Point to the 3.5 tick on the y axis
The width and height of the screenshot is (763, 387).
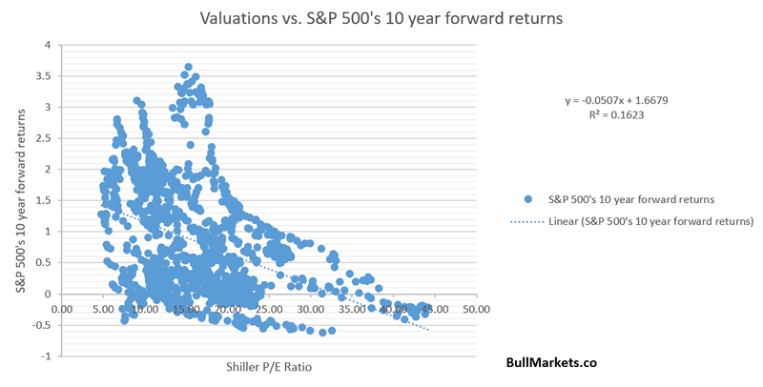[42, 76]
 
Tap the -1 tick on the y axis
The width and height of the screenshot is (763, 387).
[45, 356]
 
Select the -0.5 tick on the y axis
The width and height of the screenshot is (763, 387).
[40, 325]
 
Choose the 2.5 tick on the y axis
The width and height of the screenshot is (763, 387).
[42, 138]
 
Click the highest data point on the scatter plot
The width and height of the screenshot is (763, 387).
[189, 68]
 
